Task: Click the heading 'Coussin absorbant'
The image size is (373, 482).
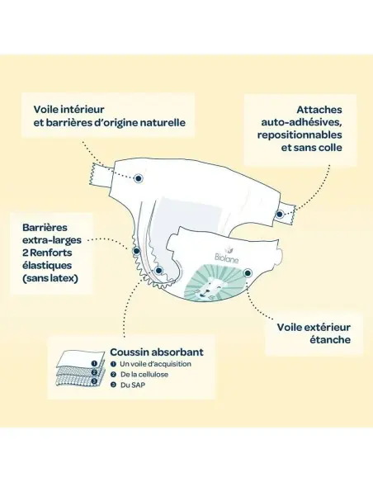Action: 157,352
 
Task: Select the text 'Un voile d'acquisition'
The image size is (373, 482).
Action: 155,364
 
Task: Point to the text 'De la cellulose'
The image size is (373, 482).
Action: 144,375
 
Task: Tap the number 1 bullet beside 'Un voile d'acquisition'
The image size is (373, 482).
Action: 113,364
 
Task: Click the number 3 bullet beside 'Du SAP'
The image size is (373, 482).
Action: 113,385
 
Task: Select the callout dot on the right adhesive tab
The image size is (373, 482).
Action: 280,214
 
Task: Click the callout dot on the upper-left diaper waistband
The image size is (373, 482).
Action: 139,178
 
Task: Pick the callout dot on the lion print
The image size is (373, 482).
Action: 248,272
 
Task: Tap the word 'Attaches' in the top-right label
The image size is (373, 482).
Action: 319,110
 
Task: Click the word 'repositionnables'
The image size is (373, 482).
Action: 300,135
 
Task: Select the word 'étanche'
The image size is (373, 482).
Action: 330,340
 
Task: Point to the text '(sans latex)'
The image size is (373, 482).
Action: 50,278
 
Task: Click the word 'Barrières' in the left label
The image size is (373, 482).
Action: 45,228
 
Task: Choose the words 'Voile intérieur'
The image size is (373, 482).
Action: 68,109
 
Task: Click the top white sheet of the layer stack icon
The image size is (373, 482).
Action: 82,358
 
